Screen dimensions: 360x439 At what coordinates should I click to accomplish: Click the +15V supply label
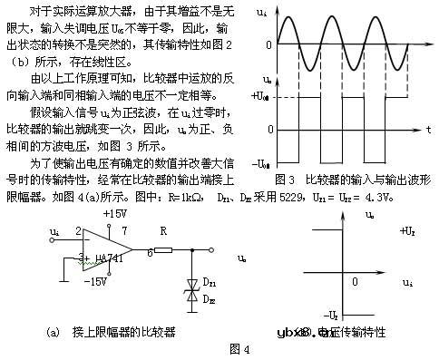[x=115, y=212]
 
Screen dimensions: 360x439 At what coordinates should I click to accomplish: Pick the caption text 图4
[x=239, y=346]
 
